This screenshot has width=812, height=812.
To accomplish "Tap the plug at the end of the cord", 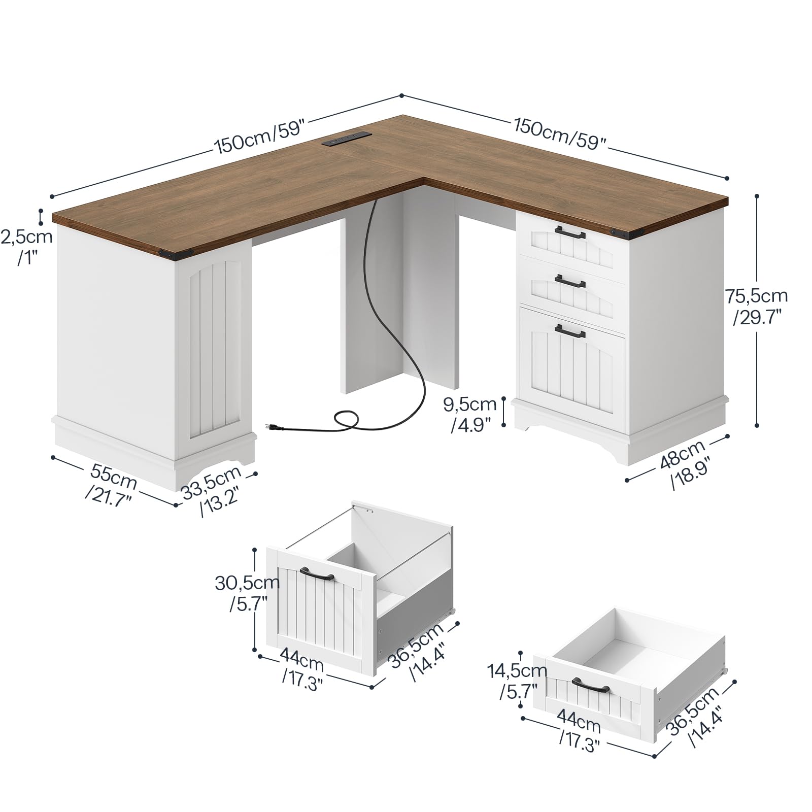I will click(x=275, y=428).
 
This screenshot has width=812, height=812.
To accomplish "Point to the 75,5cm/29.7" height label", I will click(x=756, y=307).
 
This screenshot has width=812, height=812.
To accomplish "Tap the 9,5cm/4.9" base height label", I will click(x=470, y=414).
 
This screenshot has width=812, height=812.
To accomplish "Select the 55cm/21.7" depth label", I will click(x=112, y=487).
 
